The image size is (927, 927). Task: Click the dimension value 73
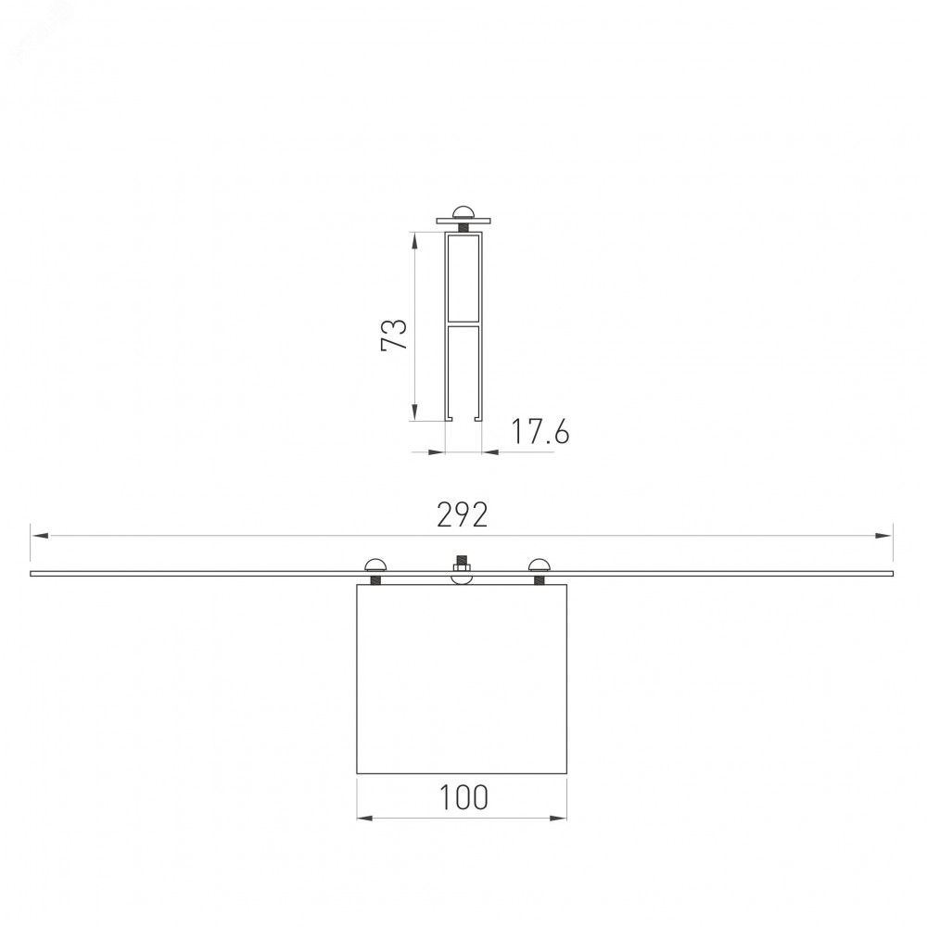[x=394, y=336]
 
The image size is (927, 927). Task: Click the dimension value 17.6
[x=540, y=431]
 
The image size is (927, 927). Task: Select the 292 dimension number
[x=463, y=514]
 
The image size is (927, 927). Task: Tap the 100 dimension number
[x=463, y=797]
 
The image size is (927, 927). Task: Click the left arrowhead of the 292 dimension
[x=40, y=536]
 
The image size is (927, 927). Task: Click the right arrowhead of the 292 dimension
[x=883, y=536]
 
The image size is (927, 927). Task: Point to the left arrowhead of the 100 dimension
[x=365, y=819]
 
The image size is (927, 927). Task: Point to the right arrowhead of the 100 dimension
[x=558, y=819]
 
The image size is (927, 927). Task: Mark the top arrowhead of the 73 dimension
[x=414, y=241]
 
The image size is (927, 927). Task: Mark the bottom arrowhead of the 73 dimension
[x=414, y=413]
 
